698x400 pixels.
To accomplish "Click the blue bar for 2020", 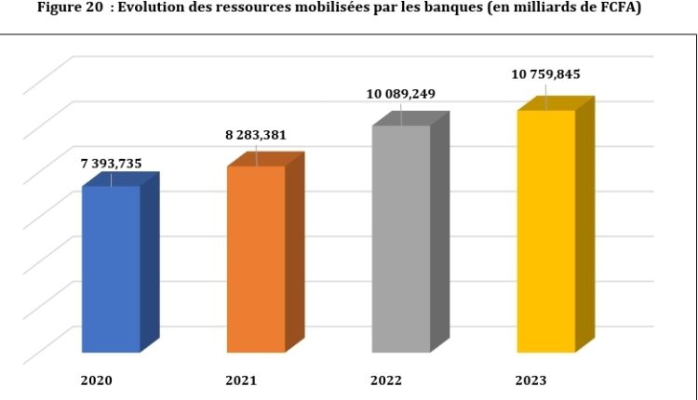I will pos(111,270).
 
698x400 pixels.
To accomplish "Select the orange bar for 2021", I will pos(256,260).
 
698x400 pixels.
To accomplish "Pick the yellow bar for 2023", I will pos(546,232).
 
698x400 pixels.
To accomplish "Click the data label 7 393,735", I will pos(111,164).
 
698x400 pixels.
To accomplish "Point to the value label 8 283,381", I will pos(256,135).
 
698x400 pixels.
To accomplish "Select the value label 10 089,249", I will pos(401,94).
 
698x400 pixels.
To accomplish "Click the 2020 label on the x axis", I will pos(97,380).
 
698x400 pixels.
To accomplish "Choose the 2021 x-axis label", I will pos(241,380).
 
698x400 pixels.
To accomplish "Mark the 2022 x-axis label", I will pos(386,380).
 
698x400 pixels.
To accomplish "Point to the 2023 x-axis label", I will pos(531,380).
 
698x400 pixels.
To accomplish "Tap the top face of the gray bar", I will pos(410,118).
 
